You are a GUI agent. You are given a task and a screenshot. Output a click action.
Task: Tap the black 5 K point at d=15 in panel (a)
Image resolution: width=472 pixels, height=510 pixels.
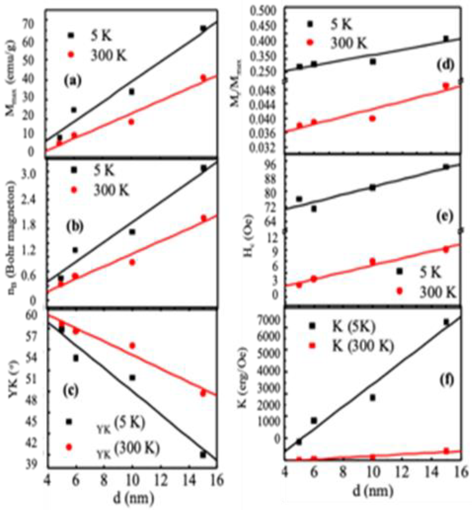203,28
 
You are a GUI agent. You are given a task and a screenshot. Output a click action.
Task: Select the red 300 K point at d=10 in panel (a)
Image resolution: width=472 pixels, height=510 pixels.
132,122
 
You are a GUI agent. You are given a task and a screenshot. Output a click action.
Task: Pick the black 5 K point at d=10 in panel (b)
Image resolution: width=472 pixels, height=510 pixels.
132,232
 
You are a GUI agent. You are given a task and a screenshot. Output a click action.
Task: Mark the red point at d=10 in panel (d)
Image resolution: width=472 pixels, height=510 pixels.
372,118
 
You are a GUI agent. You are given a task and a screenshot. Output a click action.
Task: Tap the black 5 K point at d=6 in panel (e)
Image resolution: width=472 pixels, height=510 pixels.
314,209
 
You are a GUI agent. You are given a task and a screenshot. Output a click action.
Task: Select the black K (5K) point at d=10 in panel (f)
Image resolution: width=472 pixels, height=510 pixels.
372,397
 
